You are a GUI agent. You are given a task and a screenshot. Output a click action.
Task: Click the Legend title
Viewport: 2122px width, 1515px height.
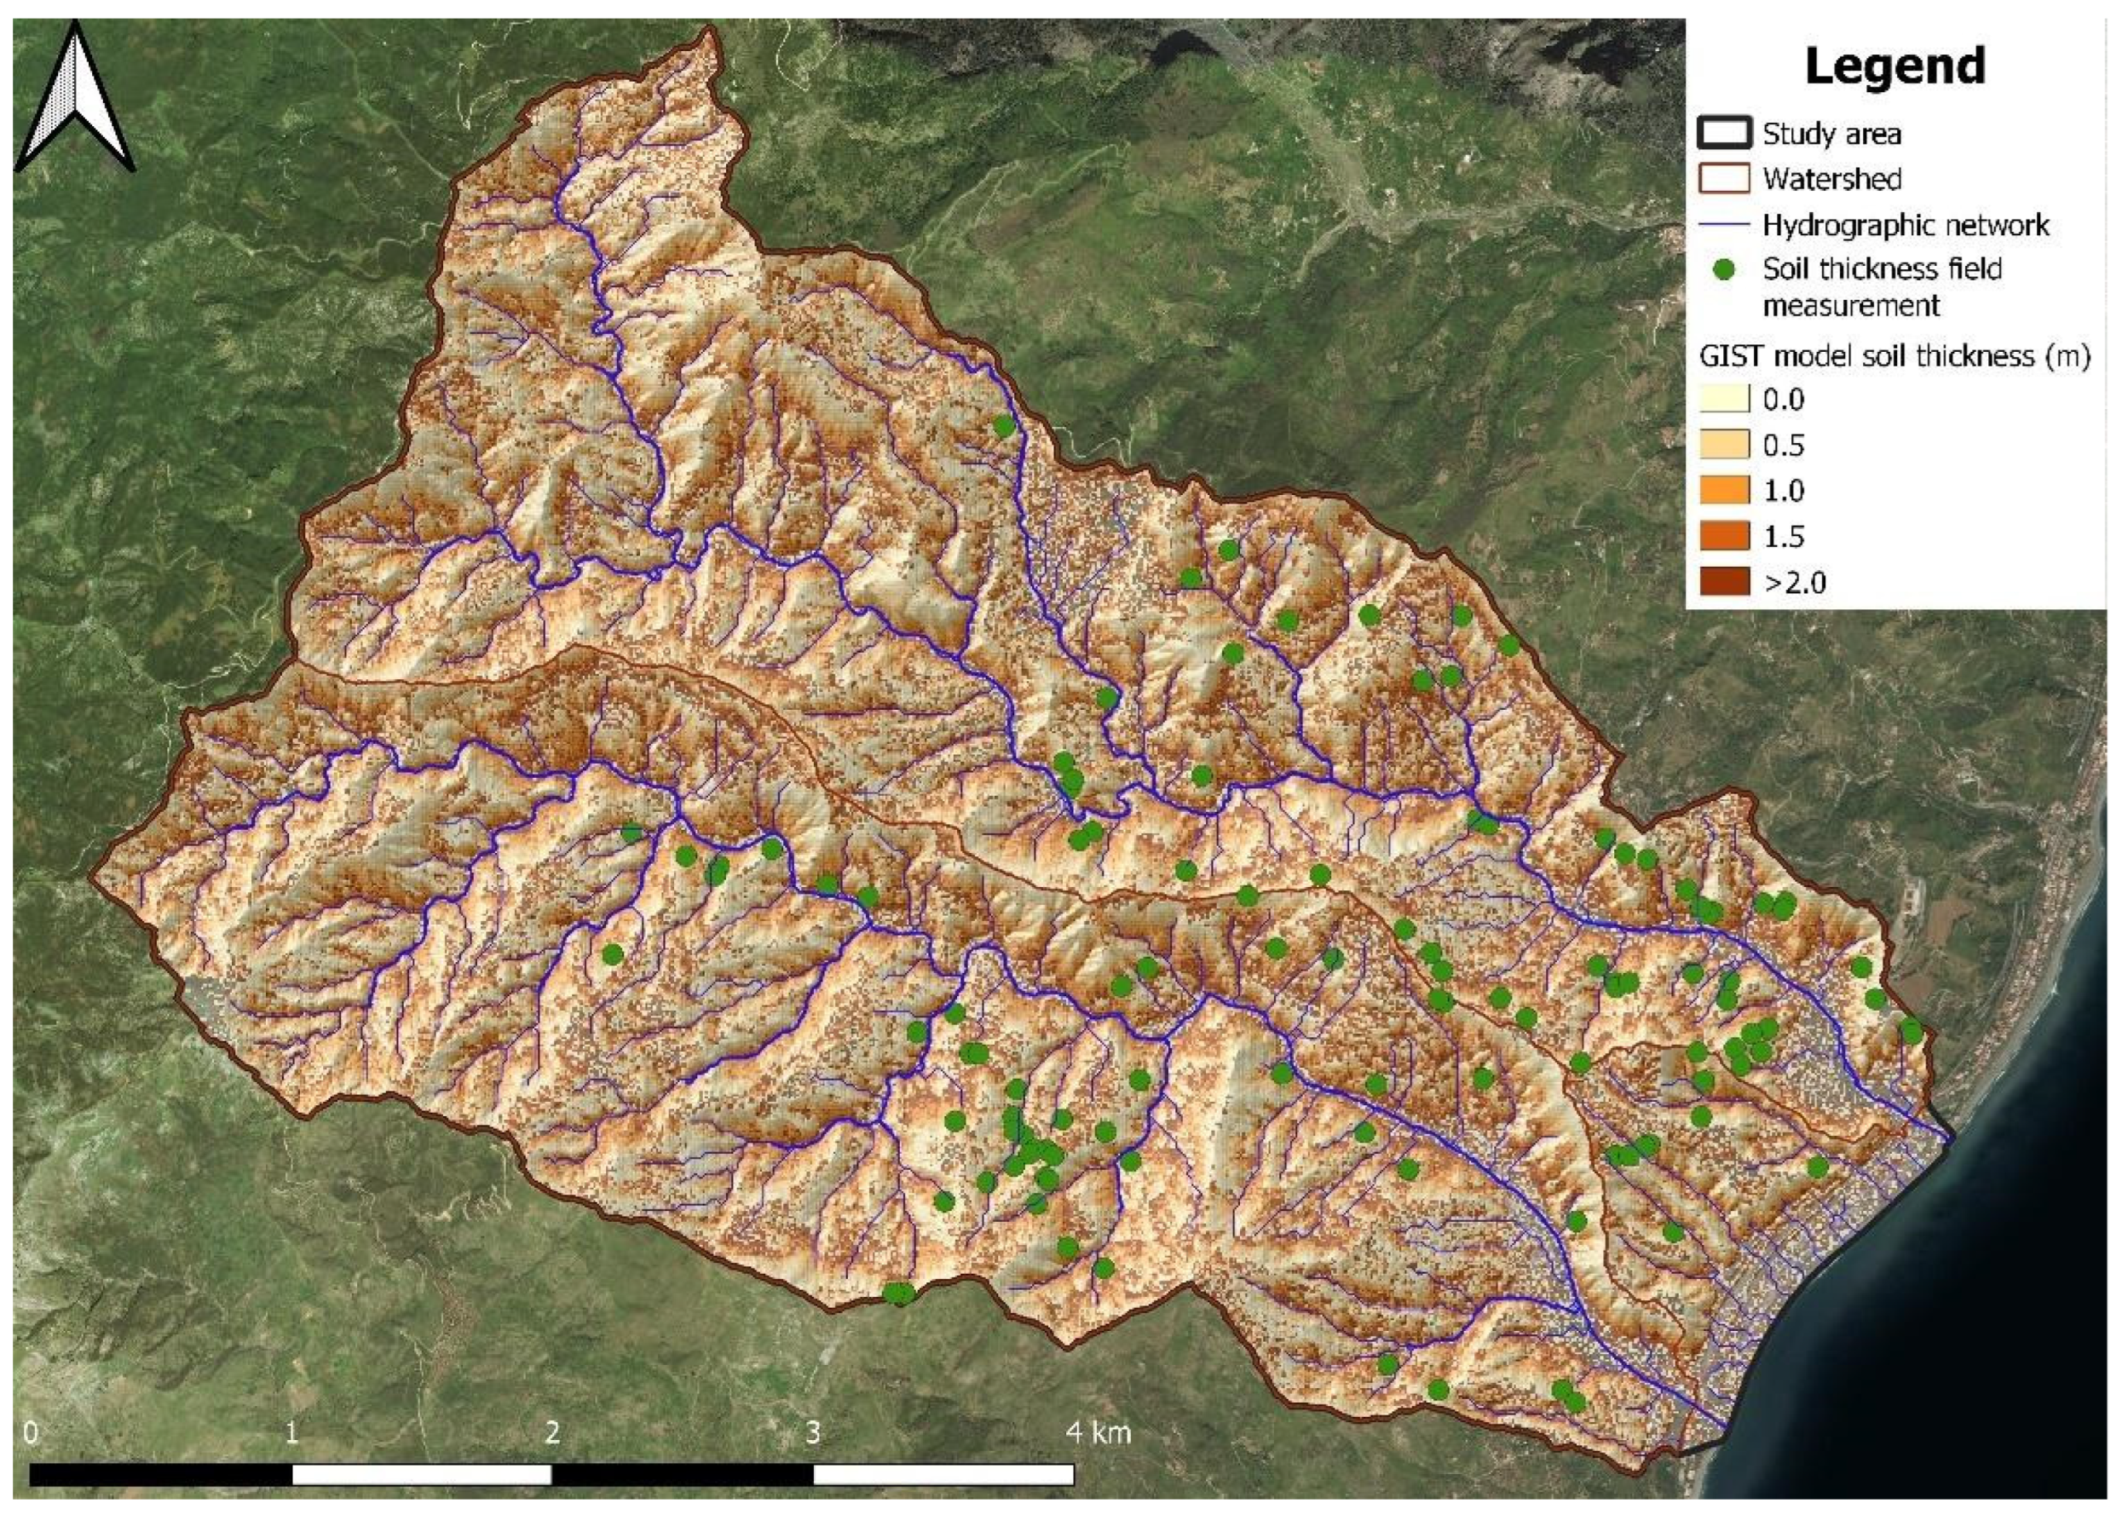1894,66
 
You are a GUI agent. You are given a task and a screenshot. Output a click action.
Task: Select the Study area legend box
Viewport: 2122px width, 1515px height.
1723,134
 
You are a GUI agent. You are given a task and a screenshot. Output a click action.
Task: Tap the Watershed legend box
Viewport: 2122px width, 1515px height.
1723,178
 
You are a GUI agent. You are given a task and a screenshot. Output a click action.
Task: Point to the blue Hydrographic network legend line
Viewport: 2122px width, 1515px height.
1723,225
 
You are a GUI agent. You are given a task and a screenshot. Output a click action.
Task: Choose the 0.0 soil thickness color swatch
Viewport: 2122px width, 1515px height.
1724,400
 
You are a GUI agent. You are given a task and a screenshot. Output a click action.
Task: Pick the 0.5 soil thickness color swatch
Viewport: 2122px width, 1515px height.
1724,445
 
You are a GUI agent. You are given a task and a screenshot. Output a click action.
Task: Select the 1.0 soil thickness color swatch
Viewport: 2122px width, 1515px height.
1724,491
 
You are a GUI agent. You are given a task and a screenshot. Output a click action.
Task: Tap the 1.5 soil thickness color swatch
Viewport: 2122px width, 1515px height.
1724,537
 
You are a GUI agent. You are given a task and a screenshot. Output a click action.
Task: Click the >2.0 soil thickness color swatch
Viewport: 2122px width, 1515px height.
1724,582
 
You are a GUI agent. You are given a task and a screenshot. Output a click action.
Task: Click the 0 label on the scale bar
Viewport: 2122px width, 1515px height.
32,1433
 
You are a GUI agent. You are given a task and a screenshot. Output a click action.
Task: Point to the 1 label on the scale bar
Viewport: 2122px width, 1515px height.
292,1433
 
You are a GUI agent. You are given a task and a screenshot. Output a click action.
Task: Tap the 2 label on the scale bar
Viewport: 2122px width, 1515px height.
552,1433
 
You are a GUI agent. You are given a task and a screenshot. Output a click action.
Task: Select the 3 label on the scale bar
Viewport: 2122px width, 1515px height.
812,1433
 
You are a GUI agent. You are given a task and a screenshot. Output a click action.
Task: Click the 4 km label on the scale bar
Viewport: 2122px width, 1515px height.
1098,1433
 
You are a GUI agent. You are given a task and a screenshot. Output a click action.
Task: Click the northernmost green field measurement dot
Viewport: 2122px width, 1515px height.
1004,426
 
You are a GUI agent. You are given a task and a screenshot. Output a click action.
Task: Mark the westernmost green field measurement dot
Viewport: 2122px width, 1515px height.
612,954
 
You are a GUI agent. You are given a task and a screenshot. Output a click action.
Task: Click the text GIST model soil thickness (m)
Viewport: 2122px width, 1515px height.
1894,355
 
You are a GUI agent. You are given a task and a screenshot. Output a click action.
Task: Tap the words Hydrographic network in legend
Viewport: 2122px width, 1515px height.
1906,225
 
